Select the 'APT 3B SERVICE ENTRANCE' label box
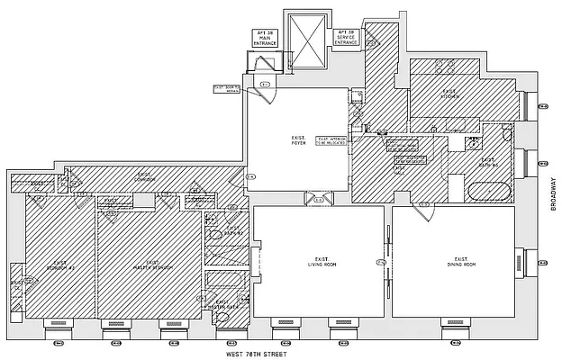347,37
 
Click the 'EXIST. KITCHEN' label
450,94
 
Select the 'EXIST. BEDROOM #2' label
61,267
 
